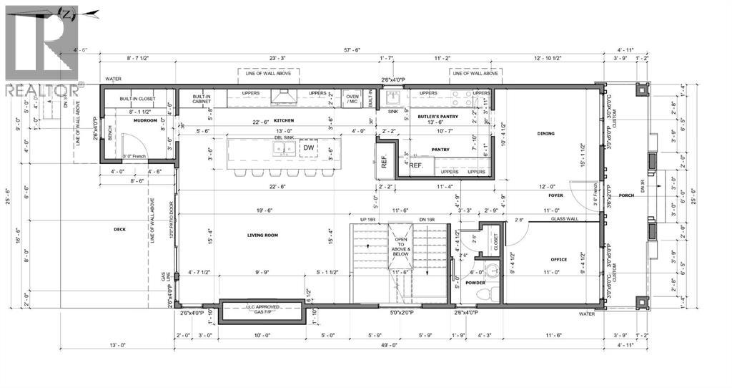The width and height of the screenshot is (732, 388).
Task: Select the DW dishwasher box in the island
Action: click(x=308, y=147)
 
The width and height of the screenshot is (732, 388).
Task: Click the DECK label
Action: click(x=119, y=230)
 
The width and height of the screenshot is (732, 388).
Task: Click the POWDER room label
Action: click(x=475, y=283)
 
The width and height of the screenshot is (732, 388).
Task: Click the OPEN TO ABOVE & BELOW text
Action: click(x=400, y=247)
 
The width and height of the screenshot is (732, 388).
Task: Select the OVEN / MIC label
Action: click(x=352, y=99)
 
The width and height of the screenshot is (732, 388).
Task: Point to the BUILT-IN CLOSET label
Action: click(x=138, y=100)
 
